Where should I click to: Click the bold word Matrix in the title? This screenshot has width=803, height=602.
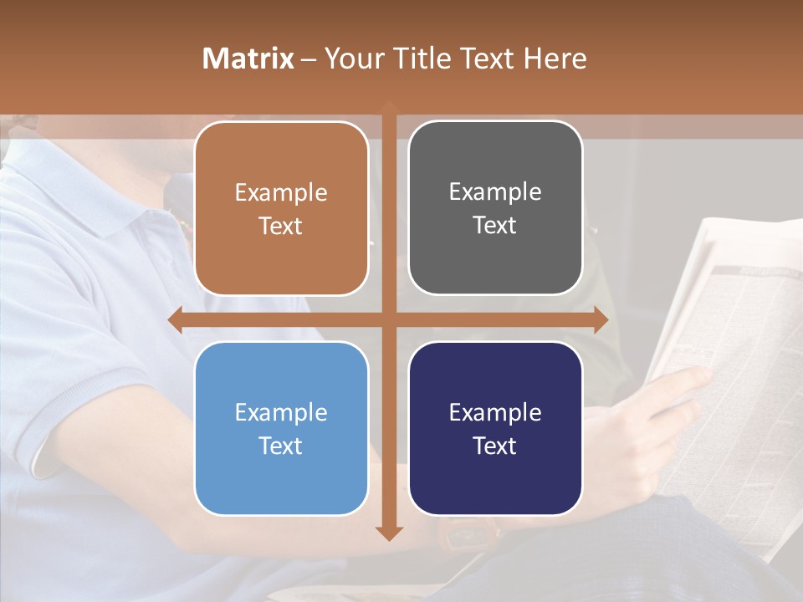248,59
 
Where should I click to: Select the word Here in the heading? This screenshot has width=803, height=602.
555,59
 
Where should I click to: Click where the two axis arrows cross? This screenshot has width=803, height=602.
389,320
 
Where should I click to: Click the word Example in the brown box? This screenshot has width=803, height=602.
281,193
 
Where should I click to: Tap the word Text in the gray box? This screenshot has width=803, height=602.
495,226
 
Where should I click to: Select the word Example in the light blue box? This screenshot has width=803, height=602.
281,413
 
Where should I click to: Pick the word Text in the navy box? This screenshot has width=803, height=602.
495,446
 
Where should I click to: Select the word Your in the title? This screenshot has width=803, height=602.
352,59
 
